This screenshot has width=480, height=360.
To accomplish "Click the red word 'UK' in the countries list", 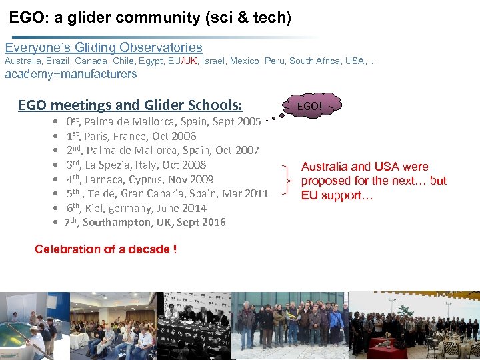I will coord(190,61).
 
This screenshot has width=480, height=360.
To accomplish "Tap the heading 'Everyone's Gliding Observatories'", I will coord(104,47).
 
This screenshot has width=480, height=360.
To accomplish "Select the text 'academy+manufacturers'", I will coord(71,74).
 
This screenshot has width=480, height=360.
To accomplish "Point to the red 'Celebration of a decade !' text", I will coord(105,249).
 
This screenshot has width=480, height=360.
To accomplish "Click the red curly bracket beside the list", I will coord(288,181).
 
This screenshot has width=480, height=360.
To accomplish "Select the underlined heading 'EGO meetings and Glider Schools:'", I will coord(130,105).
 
